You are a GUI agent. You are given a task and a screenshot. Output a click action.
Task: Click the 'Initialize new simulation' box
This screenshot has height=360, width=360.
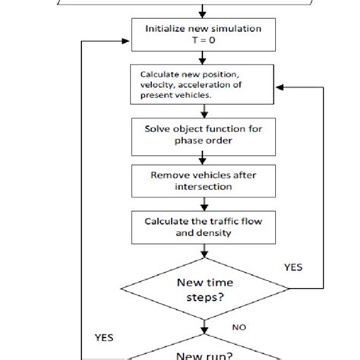point(203,34)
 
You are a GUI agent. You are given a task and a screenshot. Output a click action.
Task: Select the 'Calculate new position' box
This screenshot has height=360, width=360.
point(203,84)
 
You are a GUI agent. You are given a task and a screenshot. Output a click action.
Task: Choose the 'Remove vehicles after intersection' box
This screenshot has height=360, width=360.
point(203,178)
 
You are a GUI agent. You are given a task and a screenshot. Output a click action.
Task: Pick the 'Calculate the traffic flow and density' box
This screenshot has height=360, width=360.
point(203,226)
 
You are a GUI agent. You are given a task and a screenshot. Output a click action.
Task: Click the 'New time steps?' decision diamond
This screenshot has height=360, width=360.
point(203,289)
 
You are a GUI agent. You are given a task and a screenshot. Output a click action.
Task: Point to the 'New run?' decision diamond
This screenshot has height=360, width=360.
point(203,351)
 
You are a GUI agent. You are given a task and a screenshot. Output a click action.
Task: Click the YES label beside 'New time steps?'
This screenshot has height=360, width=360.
point(293,267)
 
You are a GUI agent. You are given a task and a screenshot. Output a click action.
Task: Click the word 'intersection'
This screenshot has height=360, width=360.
point(203,185)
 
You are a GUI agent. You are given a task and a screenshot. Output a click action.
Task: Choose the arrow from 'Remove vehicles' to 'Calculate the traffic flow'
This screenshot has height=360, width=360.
point(203,203)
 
